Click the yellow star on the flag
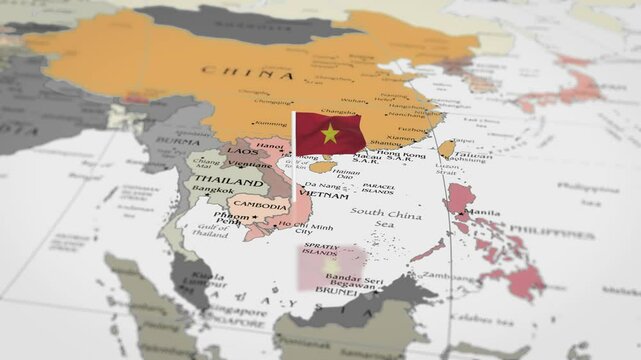[330, 133]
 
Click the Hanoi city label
[271, 145]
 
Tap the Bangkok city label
[215, 190]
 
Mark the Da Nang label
[322, 185]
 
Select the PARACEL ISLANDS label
[378, 188]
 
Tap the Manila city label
[484, 213]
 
